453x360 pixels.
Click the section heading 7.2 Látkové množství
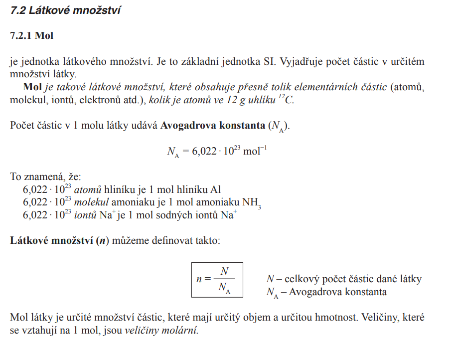pos(65,10)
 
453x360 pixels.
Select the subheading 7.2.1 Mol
pos(31,36)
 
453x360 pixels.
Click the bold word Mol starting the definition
pos(33,87)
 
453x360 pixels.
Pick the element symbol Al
pos(215,190)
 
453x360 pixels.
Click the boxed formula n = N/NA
pos(217,279)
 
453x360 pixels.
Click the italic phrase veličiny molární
pos(161,330)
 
